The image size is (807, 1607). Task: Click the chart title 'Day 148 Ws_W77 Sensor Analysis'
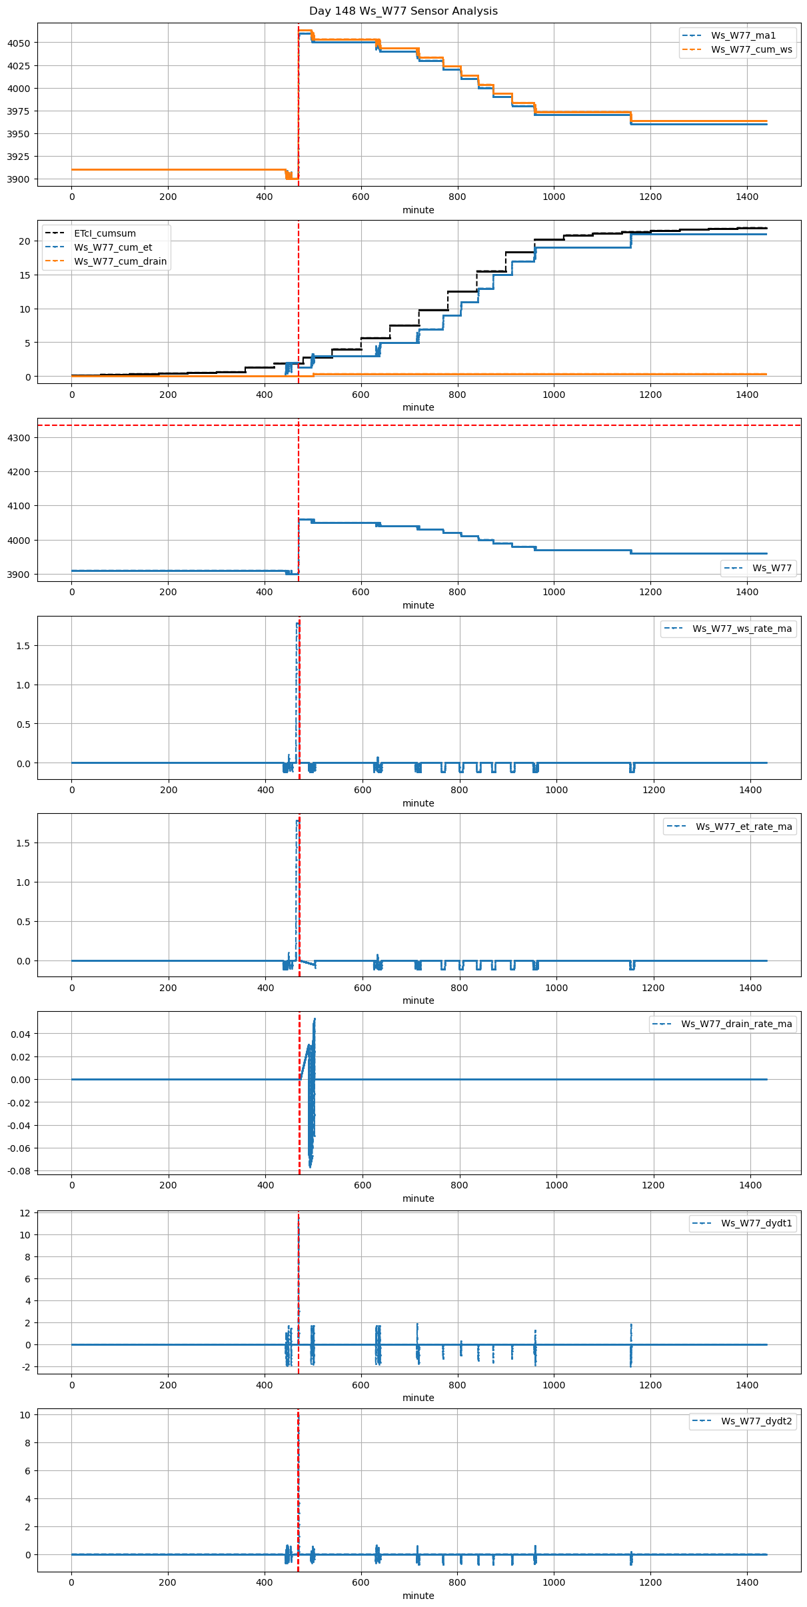[x=403, y=11]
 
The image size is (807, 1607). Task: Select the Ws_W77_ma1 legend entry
[x=743, y=35]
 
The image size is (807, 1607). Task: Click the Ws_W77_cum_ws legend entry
[x=752, y=49]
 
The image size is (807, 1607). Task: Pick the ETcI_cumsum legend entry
[x=105, y=233]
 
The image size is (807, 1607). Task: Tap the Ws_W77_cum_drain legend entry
[x=120, y=261]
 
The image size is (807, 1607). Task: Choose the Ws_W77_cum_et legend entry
[x=113, y=247]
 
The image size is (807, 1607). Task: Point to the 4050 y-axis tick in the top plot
[x=18, y=43]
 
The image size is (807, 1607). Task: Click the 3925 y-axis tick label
[x=18, y=157]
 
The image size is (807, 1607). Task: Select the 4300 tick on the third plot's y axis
[x=18, y=438]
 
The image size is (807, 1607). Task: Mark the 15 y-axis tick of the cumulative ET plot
[x=25, y=275]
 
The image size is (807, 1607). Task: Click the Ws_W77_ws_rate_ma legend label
[x=742, y=629]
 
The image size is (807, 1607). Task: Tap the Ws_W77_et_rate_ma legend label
[x=744, y=826]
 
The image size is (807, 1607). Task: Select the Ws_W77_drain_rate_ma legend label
[x=736, y=1024]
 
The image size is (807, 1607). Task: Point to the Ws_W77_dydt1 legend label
[x=756, y=1223]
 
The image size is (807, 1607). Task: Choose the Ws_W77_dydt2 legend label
[x=756, y=1421]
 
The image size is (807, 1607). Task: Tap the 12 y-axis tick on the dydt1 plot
[x=25, y=1213]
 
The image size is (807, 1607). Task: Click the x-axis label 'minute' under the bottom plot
[x=418, y=1596]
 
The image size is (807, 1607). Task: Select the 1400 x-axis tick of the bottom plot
[x=747, y=1582]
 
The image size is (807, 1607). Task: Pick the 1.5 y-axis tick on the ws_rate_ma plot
[x=24, y=646]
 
